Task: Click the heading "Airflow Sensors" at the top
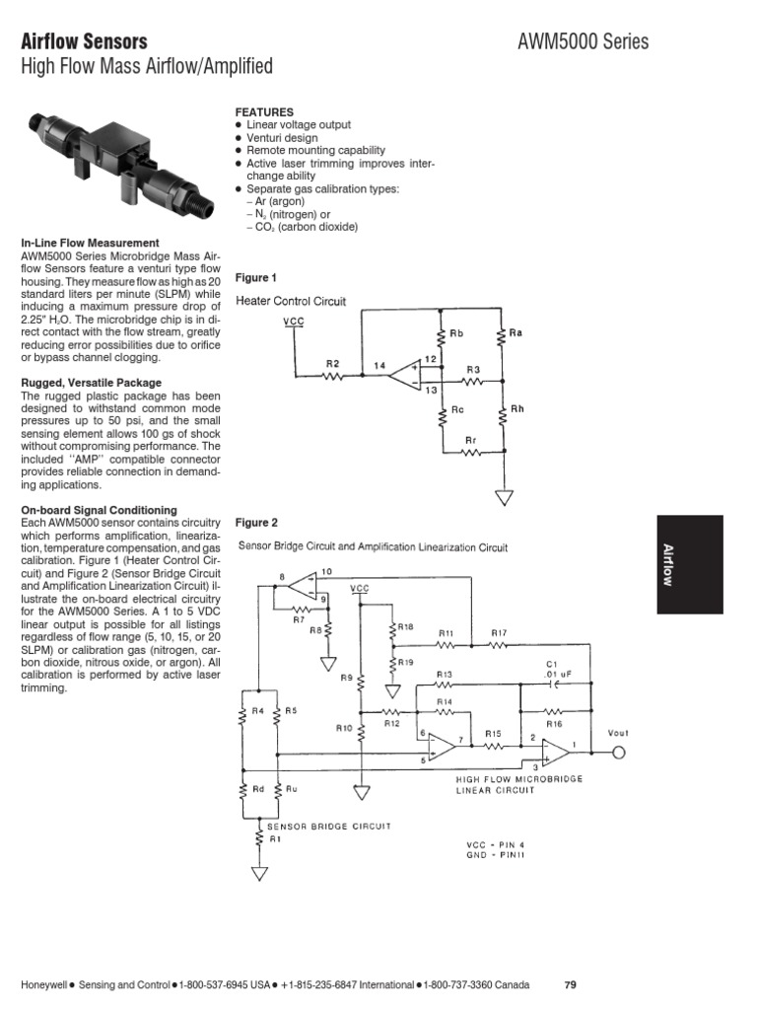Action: [84, 41]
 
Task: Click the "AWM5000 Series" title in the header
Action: [583, 41]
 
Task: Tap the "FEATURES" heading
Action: [263, 112]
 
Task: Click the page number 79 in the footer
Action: [570, 985]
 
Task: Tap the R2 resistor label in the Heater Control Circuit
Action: [333, 364]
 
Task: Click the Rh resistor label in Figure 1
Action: [516, 409]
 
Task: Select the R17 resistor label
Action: [499, 632]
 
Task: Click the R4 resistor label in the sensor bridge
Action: [258, 709]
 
